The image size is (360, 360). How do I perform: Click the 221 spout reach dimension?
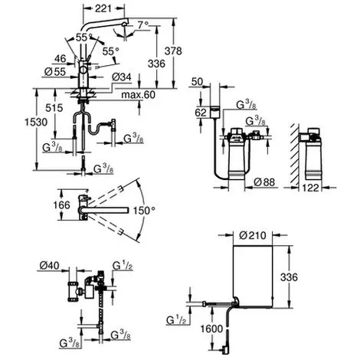point(103,8)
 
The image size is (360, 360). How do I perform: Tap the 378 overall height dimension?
point(173,51)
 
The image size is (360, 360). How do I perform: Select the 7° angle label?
point(143,25)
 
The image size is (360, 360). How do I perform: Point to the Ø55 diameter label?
point(55,72)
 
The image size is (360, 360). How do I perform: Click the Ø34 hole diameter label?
point(122,77)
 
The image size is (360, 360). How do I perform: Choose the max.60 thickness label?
point(138,95)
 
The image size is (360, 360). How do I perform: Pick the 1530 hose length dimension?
point(36,123)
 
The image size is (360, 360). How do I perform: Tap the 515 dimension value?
point(54,108)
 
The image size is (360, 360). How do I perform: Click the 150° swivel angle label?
point(144,211)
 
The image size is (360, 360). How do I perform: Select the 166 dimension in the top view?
point(61,205)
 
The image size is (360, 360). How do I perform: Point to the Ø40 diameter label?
point(49,266)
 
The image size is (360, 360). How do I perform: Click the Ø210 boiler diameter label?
point(253,235)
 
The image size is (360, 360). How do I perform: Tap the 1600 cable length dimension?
point(211,329)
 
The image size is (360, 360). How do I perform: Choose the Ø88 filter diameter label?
point(264,182)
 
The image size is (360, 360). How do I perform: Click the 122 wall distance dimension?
point(310,188)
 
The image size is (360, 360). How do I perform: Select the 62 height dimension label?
point(201,113)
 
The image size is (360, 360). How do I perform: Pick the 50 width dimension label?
point(197,82)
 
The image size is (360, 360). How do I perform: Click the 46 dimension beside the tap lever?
point(61,59)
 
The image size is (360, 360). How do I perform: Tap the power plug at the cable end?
point(224,350)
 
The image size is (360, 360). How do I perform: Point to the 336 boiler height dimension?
point(289,277)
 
